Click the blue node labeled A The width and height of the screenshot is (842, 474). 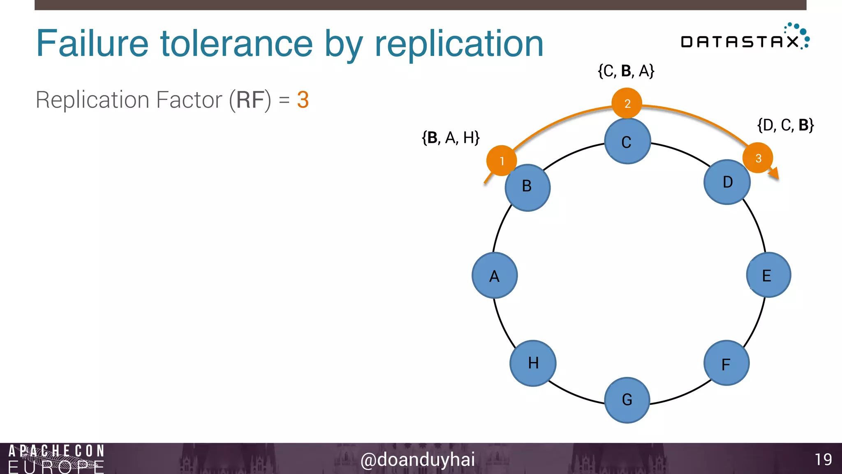(495, 275)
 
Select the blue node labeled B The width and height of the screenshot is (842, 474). (527, 188)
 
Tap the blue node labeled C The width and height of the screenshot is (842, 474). (627, 141)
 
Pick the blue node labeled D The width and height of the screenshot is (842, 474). (727, 182)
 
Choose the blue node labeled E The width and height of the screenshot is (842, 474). (768, 275)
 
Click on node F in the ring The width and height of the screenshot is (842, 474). (726, 363)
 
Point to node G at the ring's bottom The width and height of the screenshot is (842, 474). (627, 400)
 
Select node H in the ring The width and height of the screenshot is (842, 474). (533, 363)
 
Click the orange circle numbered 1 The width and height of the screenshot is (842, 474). (501, 160)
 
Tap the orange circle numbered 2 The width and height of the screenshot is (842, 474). (627, 103)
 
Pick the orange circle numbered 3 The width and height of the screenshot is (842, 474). (758, 158)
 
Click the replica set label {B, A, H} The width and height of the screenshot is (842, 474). (451, 137)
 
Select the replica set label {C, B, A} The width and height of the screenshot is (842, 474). (626, 71)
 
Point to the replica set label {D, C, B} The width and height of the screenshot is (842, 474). (785, 125)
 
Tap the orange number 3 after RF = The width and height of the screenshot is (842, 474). (303, 100)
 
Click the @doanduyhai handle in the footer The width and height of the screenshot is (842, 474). (417, 459)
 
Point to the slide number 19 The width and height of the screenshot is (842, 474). (823, 459)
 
